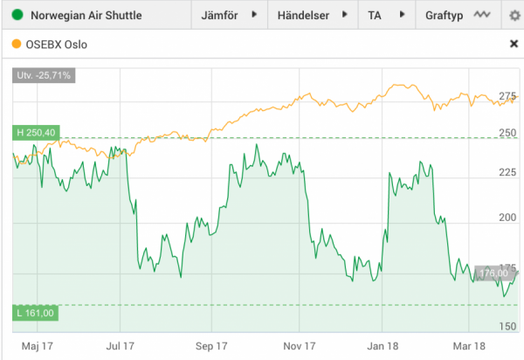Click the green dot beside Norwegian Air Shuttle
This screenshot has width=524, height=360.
(17, 16)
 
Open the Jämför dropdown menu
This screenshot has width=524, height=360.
(230, 16)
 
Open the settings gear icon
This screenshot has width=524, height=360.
(513, 16)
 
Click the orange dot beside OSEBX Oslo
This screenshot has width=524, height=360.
(17, 43)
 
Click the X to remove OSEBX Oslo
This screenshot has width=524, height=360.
(513, 43)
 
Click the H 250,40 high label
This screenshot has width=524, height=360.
(36, 132)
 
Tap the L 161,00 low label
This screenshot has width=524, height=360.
(35, 313)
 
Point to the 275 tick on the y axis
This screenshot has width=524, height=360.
(507, 95)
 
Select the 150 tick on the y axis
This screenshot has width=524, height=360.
(507, 326)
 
